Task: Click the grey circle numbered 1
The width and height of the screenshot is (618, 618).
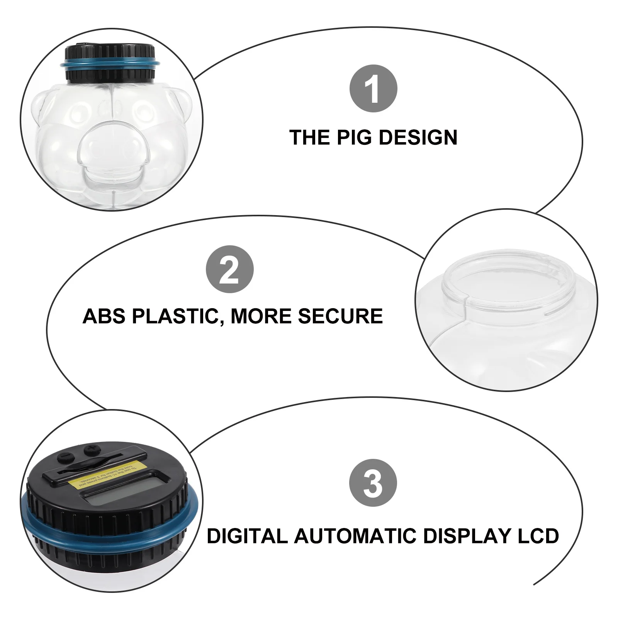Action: click(x=373, y=89)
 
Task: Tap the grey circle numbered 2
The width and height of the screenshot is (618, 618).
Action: click(x=230, y=269)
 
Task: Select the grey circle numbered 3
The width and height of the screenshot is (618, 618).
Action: click(x=373, y=483)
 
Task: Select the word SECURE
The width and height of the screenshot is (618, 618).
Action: click(x=340, y=316)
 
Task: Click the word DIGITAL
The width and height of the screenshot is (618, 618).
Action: click(x=247, y=536)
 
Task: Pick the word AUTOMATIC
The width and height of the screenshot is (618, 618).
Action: click(x=355, y=536)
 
